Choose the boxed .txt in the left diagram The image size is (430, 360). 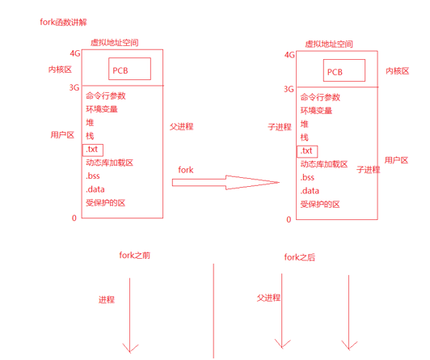(x=93, y=150)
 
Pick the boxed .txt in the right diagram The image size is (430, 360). (x=307, y=151)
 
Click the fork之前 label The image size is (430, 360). (x=133, y=255)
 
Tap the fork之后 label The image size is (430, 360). (x=301, y=257)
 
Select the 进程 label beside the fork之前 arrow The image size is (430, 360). (x=107, y=299)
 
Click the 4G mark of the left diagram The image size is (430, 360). (x=75, y=53)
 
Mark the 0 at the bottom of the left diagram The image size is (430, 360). (x=74, y=218)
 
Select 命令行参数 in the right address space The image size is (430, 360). (x=321, y=96)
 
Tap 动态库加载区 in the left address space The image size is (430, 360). (x=108, y=163)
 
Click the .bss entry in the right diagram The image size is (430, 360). (x=307, y=177)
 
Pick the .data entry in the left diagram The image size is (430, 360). (x=95, y=190)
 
